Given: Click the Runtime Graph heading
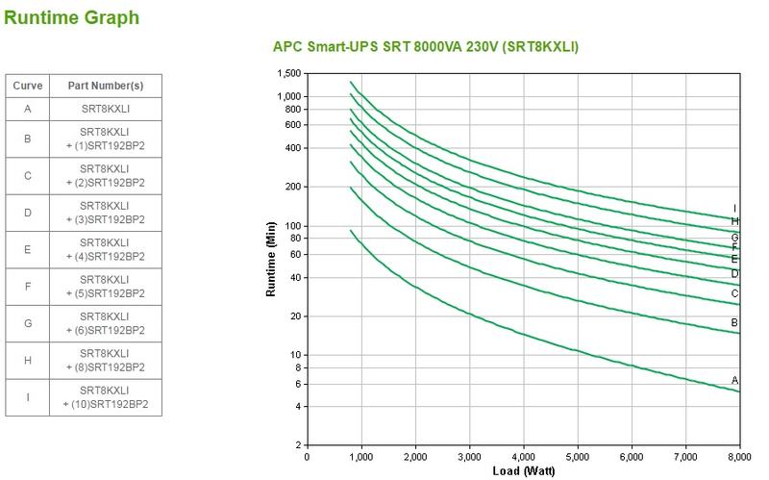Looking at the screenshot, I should (71, 17).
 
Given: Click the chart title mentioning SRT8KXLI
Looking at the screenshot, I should (426, 47).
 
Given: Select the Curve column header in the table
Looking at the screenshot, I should (28, 86).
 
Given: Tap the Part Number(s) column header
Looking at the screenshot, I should (106, 86).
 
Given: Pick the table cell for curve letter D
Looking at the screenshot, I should (28, 213).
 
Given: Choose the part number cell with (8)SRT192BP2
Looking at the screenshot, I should (106, 361).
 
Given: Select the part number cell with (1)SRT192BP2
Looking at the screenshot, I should (106, 139).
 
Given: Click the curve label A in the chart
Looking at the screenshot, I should (735, 381).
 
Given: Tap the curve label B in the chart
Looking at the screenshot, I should (735, 323).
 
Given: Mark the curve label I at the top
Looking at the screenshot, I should (735, 209).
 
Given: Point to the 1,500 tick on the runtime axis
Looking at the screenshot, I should (287, 74).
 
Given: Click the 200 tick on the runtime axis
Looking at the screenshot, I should (291, 187).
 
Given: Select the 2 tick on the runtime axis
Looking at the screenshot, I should (297, 445).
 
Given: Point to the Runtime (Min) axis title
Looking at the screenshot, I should (272, 259).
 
